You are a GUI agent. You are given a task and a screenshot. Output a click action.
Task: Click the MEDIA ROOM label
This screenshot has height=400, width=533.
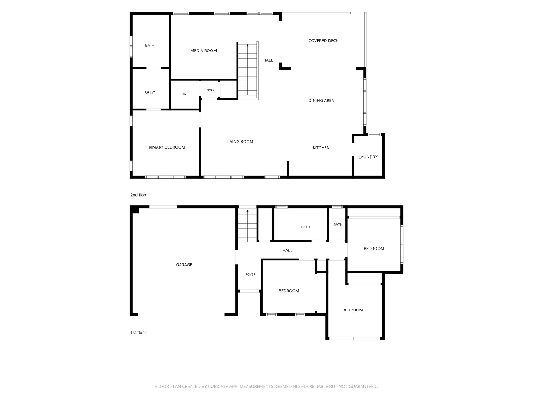coord(203,51)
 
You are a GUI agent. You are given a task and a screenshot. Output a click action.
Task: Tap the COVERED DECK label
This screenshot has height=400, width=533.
coord(323,41)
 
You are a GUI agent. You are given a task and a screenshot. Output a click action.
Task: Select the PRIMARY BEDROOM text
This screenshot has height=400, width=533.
coord(165,147)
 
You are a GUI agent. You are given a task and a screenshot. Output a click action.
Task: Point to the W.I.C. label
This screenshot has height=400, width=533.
coord(151,93)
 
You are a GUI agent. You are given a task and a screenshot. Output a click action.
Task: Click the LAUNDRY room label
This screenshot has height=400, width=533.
coord(368,157)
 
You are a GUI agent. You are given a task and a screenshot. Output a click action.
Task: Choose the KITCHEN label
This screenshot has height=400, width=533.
coord(321,148)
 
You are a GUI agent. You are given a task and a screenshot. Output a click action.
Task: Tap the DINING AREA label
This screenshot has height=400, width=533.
coord(321,100)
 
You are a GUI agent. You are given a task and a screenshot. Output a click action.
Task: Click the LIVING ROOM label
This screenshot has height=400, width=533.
coord(240,141)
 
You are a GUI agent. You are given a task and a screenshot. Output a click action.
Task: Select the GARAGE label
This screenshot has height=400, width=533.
coord(184,265)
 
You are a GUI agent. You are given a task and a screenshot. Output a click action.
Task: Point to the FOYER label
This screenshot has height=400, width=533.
coord(250,274)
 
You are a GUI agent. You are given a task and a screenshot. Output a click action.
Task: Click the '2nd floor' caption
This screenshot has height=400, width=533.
coord(139,195)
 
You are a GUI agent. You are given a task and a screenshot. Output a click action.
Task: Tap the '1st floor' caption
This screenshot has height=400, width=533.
coord(138,333)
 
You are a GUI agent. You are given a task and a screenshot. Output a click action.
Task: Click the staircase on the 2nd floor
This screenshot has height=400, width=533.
coord(248,71)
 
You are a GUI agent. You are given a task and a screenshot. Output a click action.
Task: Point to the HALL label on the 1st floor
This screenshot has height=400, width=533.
coord(287,251)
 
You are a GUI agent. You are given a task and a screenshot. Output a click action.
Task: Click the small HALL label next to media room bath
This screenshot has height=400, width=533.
coord(210,90)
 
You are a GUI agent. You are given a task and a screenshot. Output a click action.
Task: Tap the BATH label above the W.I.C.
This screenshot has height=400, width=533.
coord(150,45)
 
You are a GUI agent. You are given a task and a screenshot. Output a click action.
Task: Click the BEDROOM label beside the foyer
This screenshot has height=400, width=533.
coord(289,291)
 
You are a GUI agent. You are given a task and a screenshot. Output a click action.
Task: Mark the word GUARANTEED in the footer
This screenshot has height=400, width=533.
coord(363,386)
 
